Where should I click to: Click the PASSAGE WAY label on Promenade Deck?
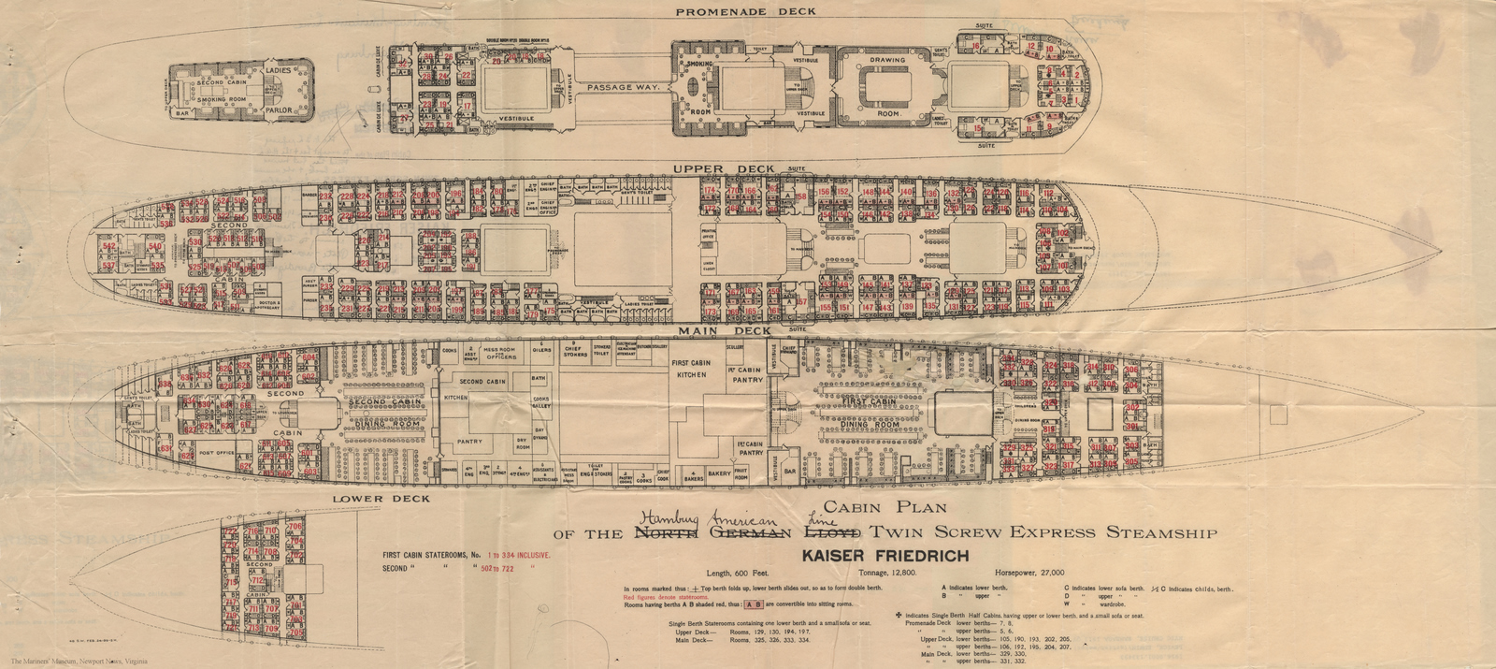coord(624,87)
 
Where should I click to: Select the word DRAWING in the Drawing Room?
coord(887,61)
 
